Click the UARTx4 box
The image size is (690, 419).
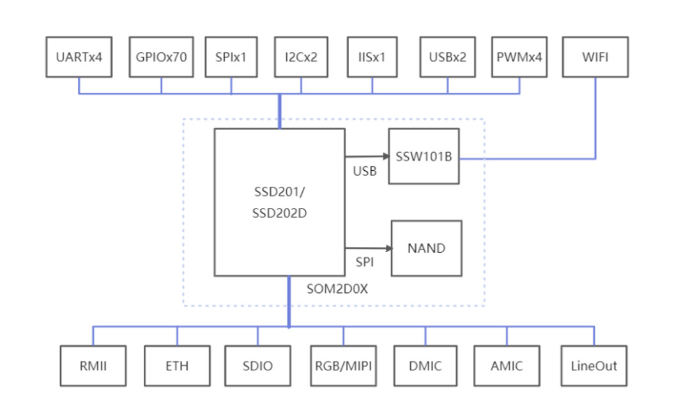click(79, 57)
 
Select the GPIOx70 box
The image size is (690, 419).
click(161, 57)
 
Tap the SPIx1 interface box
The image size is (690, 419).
click(231, 57)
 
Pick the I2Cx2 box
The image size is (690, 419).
click(301, 57)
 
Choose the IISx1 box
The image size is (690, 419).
click(372, 57)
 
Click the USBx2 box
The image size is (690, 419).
click(447, 57)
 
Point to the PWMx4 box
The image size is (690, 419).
click(519, 57)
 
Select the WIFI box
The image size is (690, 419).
click(595, 57)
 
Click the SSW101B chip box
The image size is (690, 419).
click(424, 156)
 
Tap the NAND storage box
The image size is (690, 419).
click(426, 248)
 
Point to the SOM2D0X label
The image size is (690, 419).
click(337, 289)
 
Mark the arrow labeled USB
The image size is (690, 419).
click(367, 156)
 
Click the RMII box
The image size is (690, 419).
click(93, 366)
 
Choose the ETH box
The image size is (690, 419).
click(177, 366)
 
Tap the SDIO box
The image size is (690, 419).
click(257, 366)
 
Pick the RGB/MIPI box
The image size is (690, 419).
click(343, 366)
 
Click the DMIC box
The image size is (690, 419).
click(425, 366)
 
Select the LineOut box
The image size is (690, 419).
click(594, 366)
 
